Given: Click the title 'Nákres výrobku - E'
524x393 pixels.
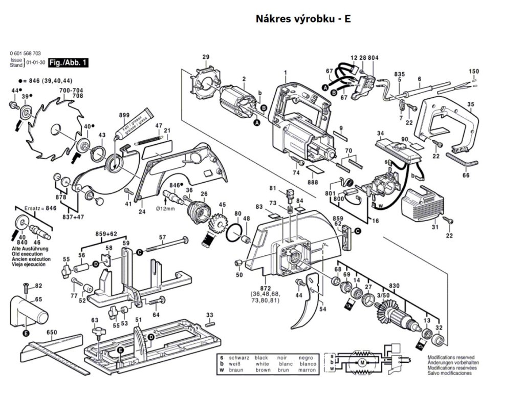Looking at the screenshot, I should pyautogui.click(x=303, y=19).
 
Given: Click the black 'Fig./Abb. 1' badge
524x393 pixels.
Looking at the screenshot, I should pyautogui.click(x=68, y=63).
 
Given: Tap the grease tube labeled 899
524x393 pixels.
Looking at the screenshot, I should pyautogui.click(x=136, y=125).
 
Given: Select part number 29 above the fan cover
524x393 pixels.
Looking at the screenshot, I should pyautogui.click(x=206, y=57).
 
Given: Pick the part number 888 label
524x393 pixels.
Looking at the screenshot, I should pyautogui.click(x=313, y=182).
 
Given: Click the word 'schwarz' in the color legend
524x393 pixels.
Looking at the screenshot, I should pyautogui.click(x=238, y=357).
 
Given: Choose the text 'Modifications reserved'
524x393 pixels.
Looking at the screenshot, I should pyautogui.click(x=451, y=357).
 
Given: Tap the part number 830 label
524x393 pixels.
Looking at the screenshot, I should pyautogui.click(x=394, y=285).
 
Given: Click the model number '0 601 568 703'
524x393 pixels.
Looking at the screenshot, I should pyautogui.click(x=25, y=54).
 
